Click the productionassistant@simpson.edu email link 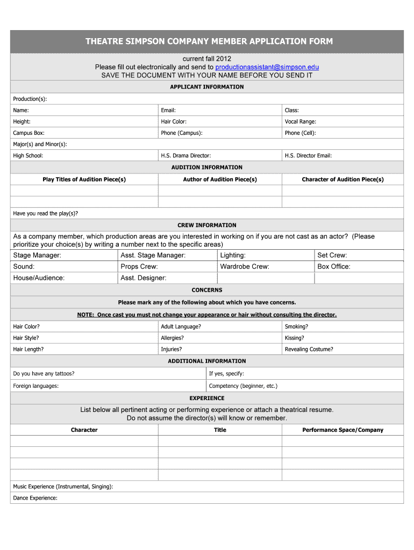[267, 67]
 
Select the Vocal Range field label [301, 122]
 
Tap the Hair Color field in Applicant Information [174, 122]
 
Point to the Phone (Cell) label [301, 133]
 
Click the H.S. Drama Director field [185, 156]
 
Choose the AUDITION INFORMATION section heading [207, 168]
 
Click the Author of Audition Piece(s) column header [220, 179]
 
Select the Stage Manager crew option [37, 256]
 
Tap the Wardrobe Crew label [245, 267]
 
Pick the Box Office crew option [334, 267]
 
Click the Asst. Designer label [144, 278]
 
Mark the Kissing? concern [294, 338]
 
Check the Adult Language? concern [181, 327]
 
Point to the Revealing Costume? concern [309, 350]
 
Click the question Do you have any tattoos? [44, 374]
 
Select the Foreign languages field [35, 386]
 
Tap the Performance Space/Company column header [342, 430]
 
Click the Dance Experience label [35, 498]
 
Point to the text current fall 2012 [207, 59]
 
